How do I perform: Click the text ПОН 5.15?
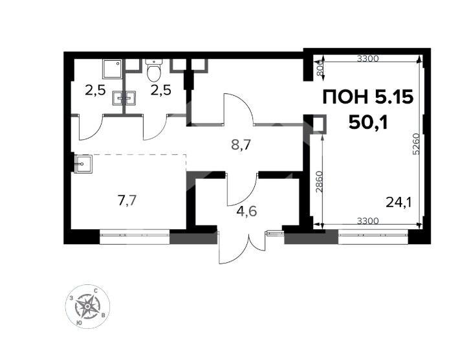(x=367, y=98)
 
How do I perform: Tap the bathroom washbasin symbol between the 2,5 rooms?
(x=124, y=98)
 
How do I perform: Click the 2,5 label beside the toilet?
(x=160, y=90)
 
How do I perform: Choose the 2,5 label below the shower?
(x=95, y=90)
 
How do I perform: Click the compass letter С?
(x=96, y=292)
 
